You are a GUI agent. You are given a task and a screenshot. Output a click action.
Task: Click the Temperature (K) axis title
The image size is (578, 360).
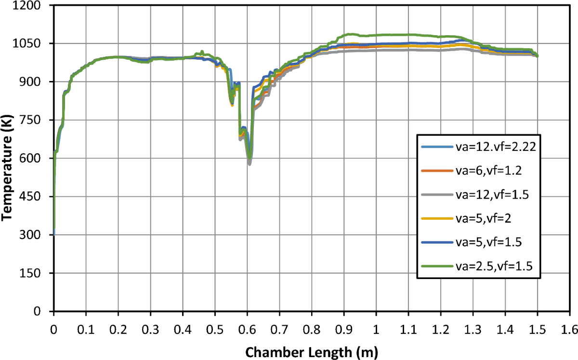click(7, 159)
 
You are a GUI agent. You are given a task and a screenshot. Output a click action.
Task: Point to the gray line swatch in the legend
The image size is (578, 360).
click(436, 195)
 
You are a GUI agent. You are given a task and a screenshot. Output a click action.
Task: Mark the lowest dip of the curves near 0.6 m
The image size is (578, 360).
click(250, 163)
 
